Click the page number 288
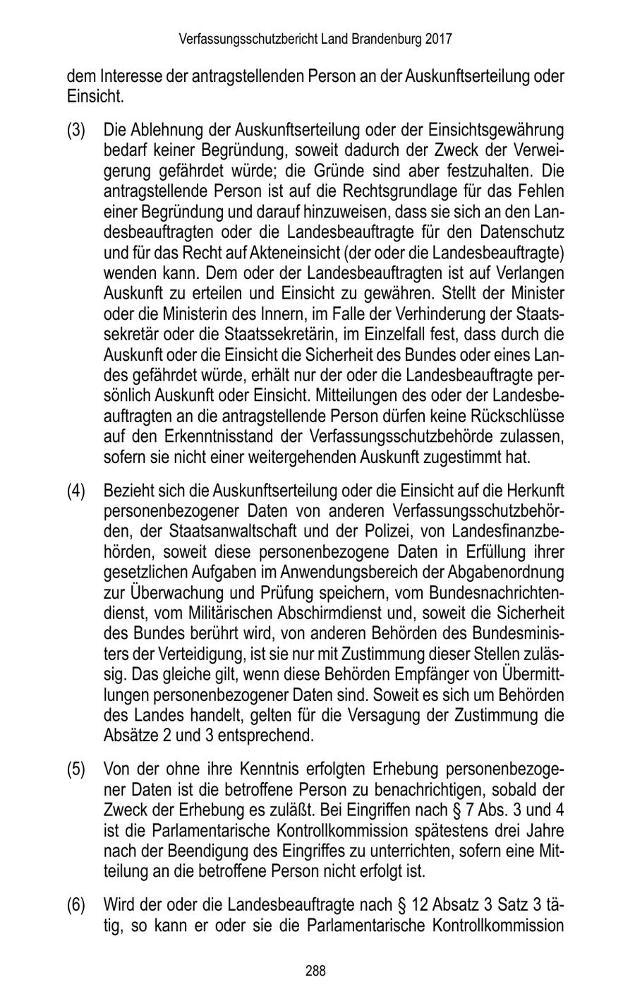[x=316, y=971]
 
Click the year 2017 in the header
[x=438, y=39]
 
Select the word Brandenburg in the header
[x=387, y=39]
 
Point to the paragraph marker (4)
[x=76, y=491]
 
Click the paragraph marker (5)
[x=76, y=769]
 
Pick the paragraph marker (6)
[x=76, y=904]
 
